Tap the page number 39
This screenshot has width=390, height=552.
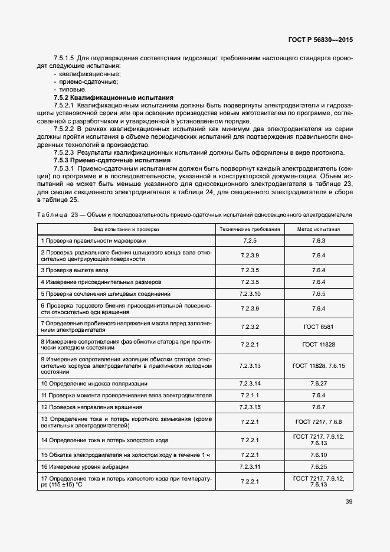[x=349, y=502]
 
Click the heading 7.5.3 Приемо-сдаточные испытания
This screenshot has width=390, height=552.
[x=113, y=160]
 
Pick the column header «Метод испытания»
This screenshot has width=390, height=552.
[x=319, y=228]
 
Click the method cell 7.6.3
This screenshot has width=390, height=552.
[x=319, y=241]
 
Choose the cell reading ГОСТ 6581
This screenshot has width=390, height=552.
[x=319, y=326]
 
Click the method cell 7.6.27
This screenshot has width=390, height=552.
[x=319, y=383]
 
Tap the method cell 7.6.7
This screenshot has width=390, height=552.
[x=319, y=407]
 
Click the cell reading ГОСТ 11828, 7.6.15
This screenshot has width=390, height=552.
[x=319, y=365]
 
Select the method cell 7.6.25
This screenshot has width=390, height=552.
[x=319, y=466]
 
